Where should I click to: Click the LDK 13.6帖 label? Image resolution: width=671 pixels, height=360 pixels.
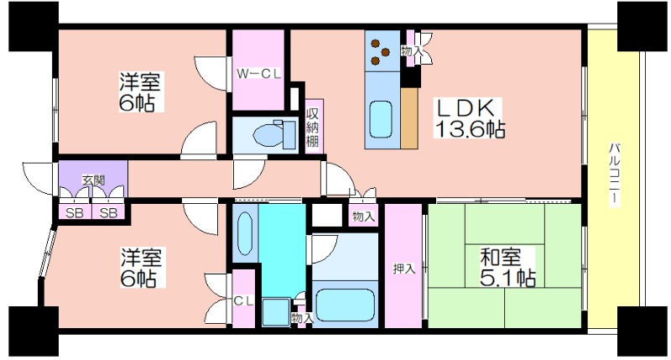click(470, 118)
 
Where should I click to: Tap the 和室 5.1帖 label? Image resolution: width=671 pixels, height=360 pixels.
click(507, 268)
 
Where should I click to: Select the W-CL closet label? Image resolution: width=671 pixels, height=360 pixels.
click(259, 74)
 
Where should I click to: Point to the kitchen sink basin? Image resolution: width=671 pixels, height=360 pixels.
click(381, 119)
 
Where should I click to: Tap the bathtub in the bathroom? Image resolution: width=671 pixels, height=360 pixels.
click(345, 305)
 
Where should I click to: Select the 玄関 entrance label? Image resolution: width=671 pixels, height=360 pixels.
click(93, 180)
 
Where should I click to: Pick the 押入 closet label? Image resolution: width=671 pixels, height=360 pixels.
click(404, 269)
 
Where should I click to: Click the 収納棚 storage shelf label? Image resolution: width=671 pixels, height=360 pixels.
click(312, 128)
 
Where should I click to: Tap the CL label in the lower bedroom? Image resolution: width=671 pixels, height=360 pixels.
click(243, 301)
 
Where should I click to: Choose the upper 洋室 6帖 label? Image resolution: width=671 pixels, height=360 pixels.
click(140, 92)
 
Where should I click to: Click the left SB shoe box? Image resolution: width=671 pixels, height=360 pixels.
click(75, 212)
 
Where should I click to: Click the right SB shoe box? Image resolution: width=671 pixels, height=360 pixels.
click(108, 212)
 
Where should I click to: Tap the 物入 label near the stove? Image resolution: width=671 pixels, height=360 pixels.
click(411, 51)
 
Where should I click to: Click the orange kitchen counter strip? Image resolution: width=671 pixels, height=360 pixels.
click(409, 118)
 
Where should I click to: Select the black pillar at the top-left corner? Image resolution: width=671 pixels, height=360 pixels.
click(34, 27)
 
